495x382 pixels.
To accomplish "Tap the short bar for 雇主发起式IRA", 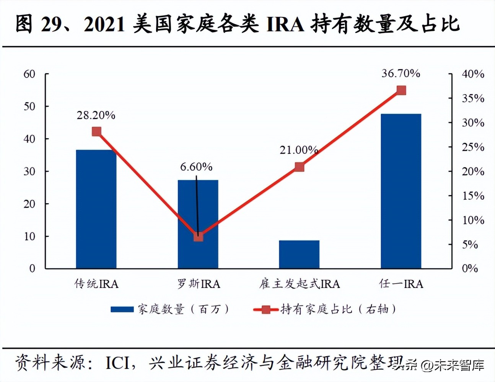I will pos(299,255).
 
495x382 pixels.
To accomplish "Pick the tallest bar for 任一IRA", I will pos(401,191).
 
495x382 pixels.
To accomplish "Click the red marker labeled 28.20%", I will pos(97,132).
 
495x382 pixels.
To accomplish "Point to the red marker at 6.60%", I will pos(198,237).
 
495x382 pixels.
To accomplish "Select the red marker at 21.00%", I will pos(300,167).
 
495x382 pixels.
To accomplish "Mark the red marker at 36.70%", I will pos(401,90).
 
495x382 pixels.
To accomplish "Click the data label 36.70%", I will pos(401,73).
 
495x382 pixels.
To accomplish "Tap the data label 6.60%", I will pos(196,167).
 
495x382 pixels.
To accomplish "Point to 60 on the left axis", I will pos(29,74).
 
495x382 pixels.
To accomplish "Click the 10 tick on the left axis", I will pos(29,236).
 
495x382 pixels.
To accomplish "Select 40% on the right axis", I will pos(473,74).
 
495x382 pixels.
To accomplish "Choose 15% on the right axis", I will pos(473,196).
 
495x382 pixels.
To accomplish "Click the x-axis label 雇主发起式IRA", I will pos(299,284).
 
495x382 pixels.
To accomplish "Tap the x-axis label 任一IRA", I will pos(401,284).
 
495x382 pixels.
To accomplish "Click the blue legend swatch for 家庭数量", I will pos(122,309).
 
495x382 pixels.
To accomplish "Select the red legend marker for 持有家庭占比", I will pos(266,309).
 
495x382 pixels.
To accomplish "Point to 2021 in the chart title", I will pos(104,24).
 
